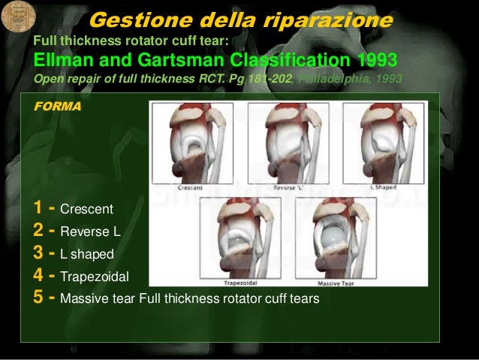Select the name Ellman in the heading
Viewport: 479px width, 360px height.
pos(66,60)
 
